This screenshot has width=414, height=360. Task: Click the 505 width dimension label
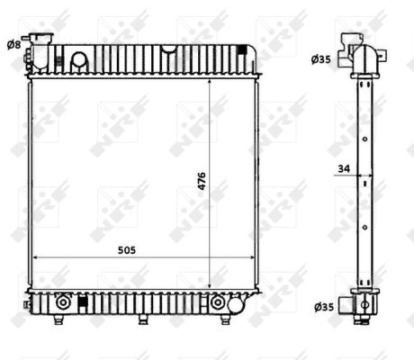(127, 250)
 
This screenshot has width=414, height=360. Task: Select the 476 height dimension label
(202, 181)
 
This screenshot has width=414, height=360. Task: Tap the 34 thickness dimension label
(344, 168)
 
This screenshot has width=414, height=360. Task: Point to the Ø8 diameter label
(14, 45)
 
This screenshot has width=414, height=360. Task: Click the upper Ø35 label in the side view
(320, 59)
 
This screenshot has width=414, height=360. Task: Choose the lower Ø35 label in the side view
(324, 307)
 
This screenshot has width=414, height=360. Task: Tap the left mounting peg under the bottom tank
(58, 319)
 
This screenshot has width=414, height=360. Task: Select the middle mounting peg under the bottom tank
(143, 319)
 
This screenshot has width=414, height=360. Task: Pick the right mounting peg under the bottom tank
(225, 319)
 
